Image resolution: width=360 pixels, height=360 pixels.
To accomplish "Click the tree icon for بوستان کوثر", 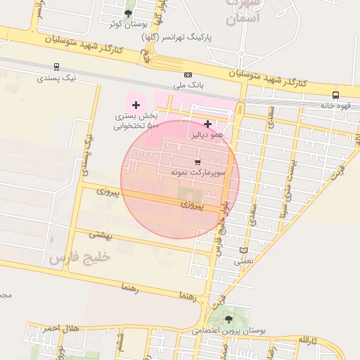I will tap(127, 13).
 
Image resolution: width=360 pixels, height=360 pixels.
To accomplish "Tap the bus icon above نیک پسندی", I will tap(56, 67).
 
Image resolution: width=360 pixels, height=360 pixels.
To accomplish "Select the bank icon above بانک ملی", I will tap(188, 75).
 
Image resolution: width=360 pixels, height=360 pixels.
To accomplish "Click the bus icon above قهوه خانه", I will tap(335, 95).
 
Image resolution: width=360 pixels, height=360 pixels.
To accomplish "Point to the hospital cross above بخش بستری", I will tap(136, 105).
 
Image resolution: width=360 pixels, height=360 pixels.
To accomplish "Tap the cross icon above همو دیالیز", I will tap(207, 124).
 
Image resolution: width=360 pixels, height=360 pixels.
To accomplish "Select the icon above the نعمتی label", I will tap(243, 250).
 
